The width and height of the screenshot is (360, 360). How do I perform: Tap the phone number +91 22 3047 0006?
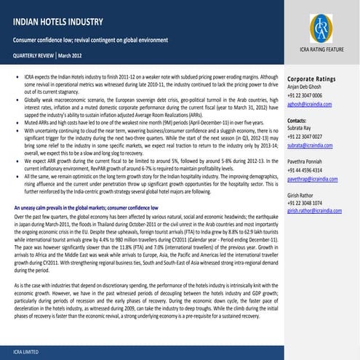(x=310, y=95)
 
